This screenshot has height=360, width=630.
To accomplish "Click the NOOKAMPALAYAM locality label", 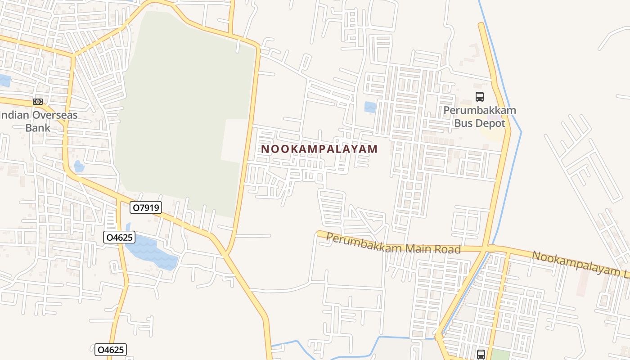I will coord(319,149).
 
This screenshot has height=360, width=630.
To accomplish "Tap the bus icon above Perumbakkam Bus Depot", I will coord(480,96).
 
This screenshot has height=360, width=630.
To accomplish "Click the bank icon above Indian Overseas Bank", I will coord(38,102).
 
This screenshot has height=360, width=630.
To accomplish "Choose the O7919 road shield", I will coord(145,207).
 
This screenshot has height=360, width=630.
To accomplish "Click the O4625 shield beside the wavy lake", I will coord(119,237).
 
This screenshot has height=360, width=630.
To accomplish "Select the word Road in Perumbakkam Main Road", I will coord(449,249).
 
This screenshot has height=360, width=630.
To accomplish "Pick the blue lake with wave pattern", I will coord(151,252).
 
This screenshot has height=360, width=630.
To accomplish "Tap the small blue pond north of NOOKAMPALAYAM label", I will coord(370,107).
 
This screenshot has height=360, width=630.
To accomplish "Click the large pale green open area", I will coord(180,112).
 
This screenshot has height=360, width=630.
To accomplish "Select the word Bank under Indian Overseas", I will coord(38,128).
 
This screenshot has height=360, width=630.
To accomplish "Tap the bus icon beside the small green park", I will coord(481,354).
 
